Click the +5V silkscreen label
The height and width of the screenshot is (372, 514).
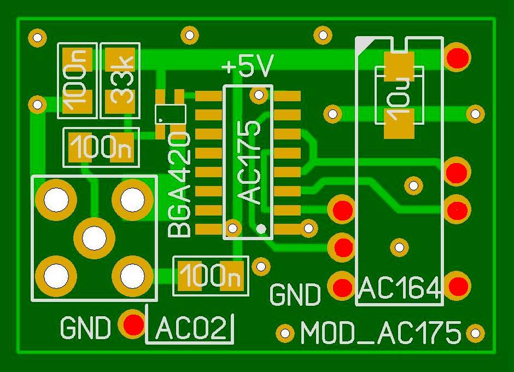247,67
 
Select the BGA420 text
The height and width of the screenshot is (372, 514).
180,184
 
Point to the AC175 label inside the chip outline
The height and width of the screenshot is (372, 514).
251,162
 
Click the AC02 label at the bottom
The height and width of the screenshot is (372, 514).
191,329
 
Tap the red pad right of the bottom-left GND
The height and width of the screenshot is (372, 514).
133,324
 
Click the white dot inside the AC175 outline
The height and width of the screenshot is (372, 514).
262,228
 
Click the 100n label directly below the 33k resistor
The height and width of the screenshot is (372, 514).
101,147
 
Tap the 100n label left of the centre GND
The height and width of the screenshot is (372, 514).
211,275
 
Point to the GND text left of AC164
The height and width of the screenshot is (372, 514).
295,295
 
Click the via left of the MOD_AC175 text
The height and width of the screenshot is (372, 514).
284,332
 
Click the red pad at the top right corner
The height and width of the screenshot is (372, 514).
457,56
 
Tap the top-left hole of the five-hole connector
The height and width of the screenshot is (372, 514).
55,200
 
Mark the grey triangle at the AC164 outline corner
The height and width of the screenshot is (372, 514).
363,44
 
